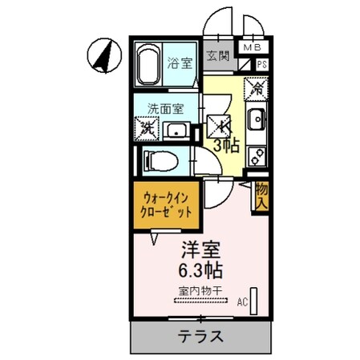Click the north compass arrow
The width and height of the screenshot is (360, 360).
(x=102, y=55)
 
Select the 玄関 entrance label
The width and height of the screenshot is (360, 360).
(x=217, y=56)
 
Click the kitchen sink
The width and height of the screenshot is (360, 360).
(x=257, y=120)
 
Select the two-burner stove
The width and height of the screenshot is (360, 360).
(x=257, y=152)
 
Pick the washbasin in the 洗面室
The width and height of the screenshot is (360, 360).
(x=176, y=131)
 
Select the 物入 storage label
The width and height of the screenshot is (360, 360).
(x=261, y=197)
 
